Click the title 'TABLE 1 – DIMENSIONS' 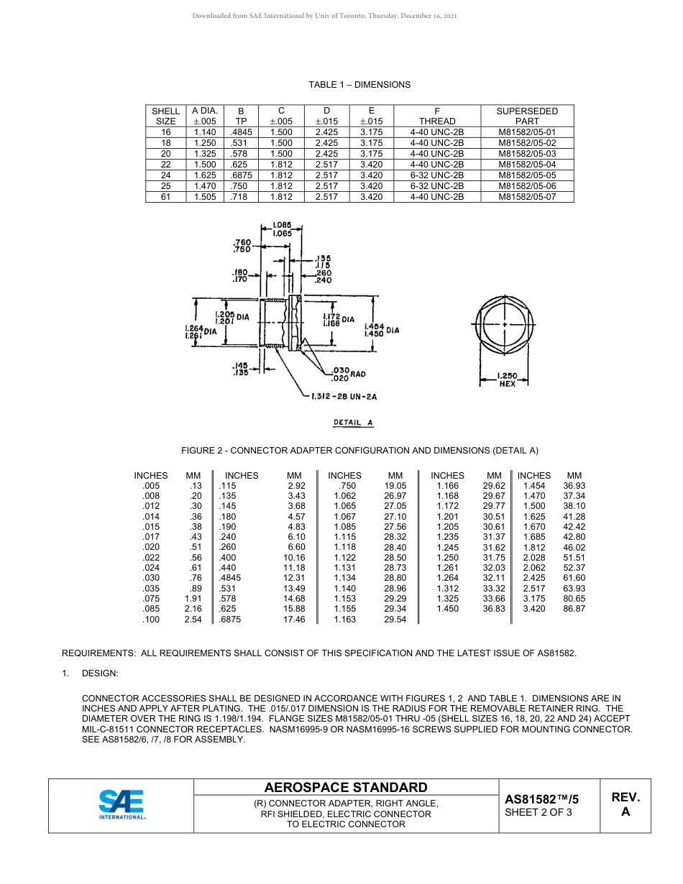359,85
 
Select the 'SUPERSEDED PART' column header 527,116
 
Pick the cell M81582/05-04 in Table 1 527,165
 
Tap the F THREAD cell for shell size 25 436,186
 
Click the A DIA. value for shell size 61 205,197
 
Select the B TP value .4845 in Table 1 241,132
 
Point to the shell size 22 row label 165,165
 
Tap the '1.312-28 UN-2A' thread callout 344,395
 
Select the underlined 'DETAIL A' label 353,423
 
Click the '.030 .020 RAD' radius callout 347,374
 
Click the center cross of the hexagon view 505,326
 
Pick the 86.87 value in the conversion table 574,609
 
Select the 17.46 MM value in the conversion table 294,620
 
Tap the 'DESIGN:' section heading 100,673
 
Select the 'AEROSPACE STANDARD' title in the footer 346,788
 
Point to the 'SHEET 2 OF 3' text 538,813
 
